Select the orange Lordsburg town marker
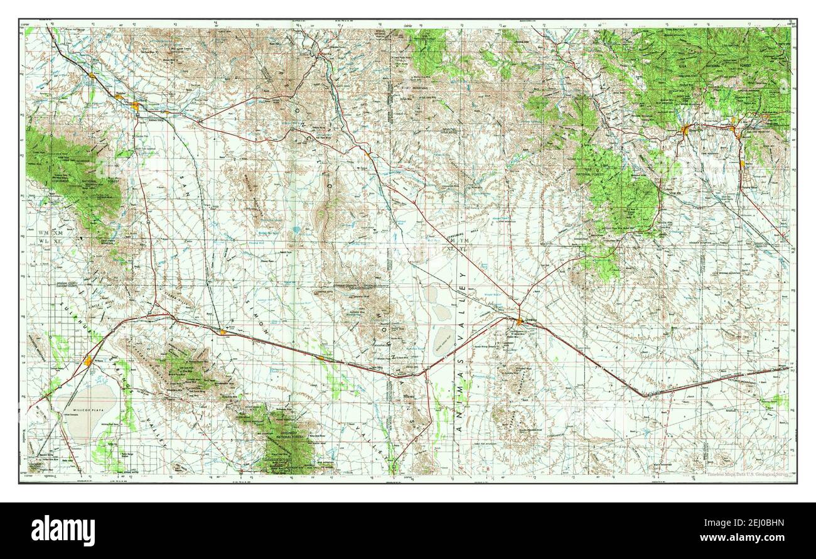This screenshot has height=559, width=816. pyautogui.click(x=520, y=322)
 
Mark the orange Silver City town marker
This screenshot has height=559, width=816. pyautogui.click(x=685, y=130)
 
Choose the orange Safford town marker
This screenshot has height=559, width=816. pyautogui.click(x=136, y=104)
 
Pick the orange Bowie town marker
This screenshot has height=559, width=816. pyautogui.click(x=222, y=331)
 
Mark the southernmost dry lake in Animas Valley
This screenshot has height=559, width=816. pyautogui.click(x=446, y=340)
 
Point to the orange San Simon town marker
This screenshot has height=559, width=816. pyautogui.click(x=321, y=357)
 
